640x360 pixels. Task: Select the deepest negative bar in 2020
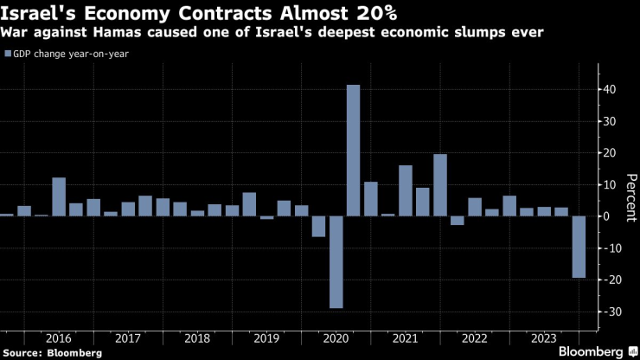point(336,261)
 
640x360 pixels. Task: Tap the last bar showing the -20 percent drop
point(578,247)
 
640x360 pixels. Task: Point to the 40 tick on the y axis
point(609,89)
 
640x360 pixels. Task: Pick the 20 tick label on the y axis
point(609,153)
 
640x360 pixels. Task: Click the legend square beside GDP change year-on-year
point(8,54)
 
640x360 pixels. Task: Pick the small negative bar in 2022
point(457,220)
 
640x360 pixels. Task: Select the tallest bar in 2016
point(59,196)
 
